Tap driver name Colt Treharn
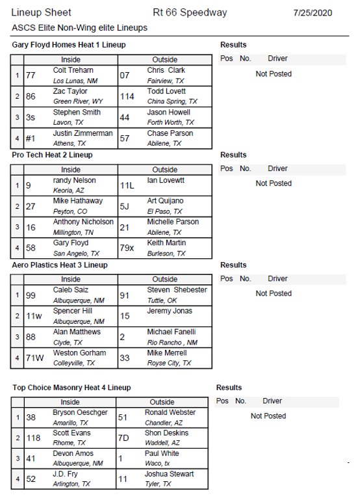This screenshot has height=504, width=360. tap(73, 70)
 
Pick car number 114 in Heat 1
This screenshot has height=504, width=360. tap(127, 96)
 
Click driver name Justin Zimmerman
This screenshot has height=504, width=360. tap(83, 133)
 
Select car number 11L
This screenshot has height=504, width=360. tap(127, 185)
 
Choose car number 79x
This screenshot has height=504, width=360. tap(128, 248)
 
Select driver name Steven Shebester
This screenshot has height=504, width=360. tap(177, 289)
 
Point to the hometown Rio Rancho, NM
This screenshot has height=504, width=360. tap(172, 342)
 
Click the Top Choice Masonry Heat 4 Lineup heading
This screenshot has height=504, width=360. tap(71, 388)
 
